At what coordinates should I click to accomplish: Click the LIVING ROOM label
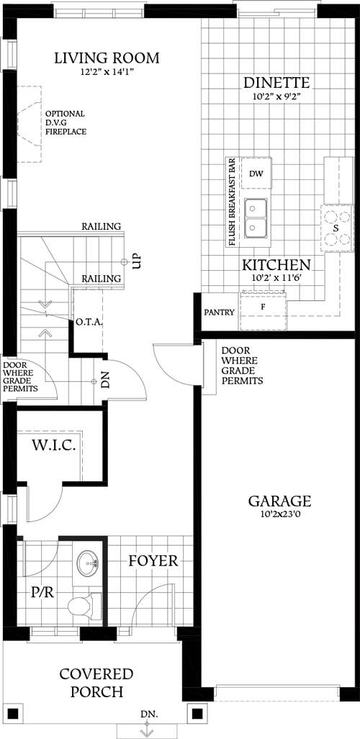click(107, 58)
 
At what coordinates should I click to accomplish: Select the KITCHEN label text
click(276, 264)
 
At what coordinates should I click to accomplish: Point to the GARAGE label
click(279, 501)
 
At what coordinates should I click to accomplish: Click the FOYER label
click(153, 561)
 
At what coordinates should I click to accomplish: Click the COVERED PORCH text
click(96, 683)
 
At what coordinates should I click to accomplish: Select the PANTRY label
click(219, 313)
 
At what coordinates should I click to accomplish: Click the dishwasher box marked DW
click(256, 174)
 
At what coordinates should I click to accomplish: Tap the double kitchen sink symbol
click(256, 218)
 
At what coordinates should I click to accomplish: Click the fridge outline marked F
click(264, 307)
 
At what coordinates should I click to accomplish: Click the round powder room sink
click(90, 563)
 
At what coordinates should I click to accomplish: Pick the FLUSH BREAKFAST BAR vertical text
click(233, 202)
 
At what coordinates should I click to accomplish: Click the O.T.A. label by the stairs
click(89, 323)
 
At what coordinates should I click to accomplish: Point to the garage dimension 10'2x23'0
click(279, 516)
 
